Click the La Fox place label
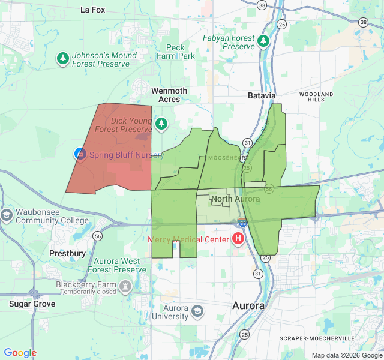pyautogui.click(x=93, y=10)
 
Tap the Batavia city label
pyautogui.click(x=262, y=95)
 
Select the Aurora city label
pyautogui.click(x=248, y=305)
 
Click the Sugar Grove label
pyautogui.click(x=32, y=304)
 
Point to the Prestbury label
pyautogui.click(x=67, y=253)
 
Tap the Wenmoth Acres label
pyautogui.click(x=169, y=95)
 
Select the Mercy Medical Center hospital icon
pyautogui.click(x=238, y=239)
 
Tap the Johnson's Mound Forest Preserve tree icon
pyautogui.click(x=63, y=58)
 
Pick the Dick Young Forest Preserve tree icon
pyautogui.click(x=160, y=124)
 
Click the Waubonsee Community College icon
pyautogui.click(x=7, y=215)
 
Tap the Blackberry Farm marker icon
pyautogui.click(x=125, y=287)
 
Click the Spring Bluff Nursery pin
pyautogui.click(x=80, y=154)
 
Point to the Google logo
pyautogui.click(x=20, y=353)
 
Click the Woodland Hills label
pyautogui.click(x=316, y=97)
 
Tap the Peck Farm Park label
pyautogui.click(x=176, y=52)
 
